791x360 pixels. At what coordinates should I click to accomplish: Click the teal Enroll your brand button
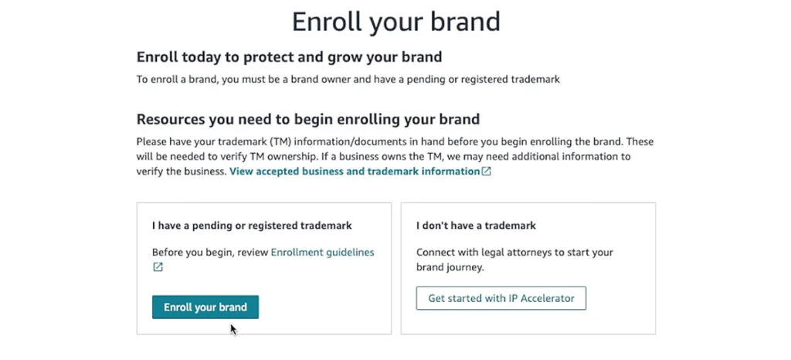(205, 307)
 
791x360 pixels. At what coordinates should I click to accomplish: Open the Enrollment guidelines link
(322, 253)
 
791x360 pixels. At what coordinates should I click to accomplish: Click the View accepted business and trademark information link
(355, 172)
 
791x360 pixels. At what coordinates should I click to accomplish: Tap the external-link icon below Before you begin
(158, 267)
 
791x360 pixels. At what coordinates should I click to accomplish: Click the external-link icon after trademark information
(487, 172)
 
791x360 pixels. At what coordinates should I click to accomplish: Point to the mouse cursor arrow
(233, 328)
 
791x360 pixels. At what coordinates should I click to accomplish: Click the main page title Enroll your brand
(395, 21)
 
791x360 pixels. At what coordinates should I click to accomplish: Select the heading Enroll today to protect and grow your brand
(289, 57)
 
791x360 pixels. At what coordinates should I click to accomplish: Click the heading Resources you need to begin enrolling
(308, 119)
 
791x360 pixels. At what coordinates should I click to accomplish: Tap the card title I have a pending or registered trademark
(252, 226)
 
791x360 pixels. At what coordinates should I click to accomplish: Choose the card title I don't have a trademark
(476, 226)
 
